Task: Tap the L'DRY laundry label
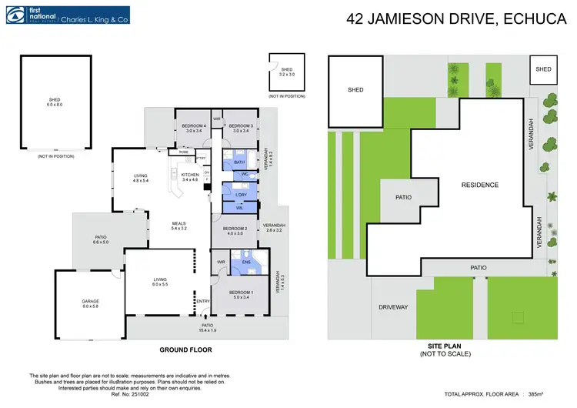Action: coord(240,195)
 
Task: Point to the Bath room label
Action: coord(239,162)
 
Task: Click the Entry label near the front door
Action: coord(203,301)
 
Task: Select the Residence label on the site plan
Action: coord(480,185)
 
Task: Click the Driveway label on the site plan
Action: coord(393,307)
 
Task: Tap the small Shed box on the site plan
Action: coord(543,69)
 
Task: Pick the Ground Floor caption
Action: coord(185,349)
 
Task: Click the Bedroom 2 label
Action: coord(235,230)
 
